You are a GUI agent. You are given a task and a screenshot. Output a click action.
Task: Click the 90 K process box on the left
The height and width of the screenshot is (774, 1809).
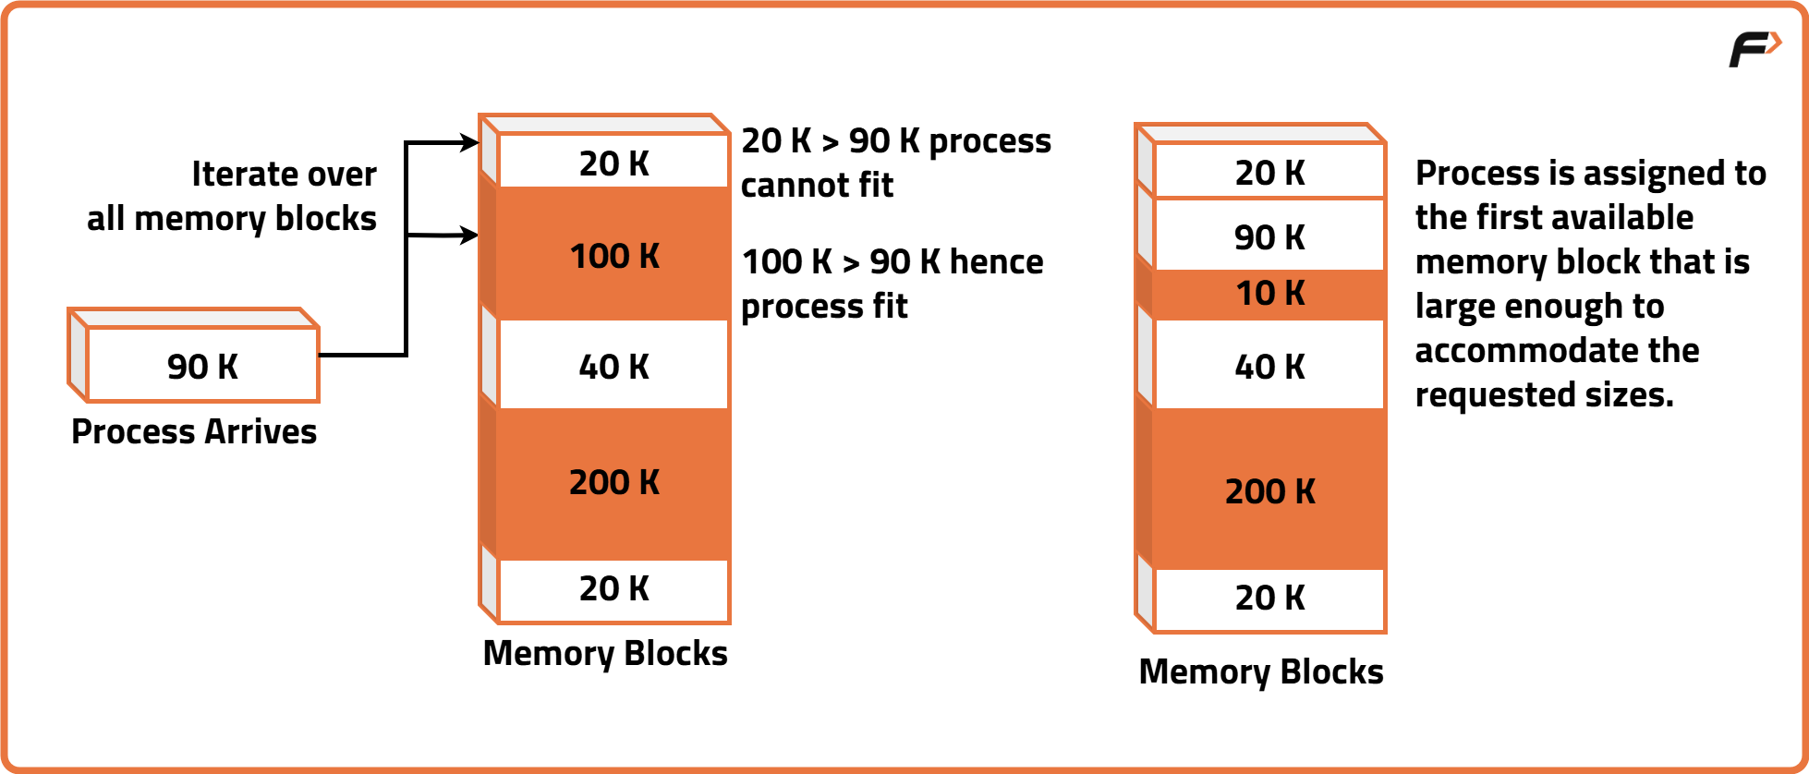pos(202,367)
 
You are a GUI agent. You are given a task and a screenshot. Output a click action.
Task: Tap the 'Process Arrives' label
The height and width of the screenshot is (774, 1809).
pos(194,431)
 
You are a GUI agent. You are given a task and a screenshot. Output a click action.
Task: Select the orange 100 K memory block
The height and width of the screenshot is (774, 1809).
pos(614,255)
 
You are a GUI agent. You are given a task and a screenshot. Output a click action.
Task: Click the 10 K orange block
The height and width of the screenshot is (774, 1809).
pos(1269,294)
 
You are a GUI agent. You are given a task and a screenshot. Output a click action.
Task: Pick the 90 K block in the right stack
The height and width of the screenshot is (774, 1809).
pos(1269,236)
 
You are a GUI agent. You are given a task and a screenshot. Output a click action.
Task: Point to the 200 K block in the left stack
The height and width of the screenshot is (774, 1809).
pos(614,482)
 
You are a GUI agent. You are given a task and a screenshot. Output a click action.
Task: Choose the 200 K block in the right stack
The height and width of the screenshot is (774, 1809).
pos(1269,491)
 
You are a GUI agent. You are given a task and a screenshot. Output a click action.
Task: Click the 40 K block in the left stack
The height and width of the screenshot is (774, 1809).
pos(614,366)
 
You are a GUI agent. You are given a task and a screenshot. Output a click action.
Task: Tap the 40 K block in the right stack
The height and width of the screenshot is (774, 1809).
pos(1269,366)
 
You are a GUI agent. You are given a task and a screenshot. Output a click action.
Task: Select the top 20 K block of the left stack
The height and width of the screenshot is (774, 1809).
pos(614,163)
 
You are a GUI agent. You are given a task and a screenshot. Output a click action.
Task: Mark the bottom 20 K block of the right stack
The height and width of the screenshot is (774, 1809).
pos(1269,598)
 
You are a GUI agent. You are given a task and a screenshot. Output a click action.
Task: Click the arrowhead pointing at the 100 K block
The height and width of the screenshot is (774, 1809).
pos(470,236)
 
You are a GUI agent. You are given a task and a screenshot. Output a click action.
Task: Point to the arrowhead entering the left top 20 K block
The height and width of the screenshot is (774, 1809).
pos(470,143)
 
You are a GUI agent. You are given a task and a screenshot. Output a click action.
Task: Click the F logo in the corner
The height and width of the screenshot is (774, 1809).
pos(1753,49)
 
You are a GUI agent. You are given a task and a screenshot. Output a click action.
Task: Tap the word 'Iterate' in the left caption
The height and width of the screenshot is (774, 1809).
pos(236,174)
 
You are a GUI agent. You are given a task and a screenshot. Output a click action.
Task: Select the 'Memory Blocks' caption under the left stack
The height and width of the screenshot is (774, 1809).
pos(605,653)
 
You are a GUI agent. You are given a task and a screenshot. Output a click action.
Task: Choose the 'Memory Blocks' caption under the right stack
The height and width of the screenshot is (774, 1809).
pos(1261,671)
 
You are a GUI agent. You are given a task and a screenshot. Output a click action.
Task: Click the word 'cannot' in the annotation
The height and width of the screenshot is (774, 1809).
pos(786,185)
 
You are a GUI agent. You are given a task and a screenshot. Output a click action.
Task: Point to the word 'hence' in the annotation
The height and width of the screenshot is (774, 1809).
pos(996,261)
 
